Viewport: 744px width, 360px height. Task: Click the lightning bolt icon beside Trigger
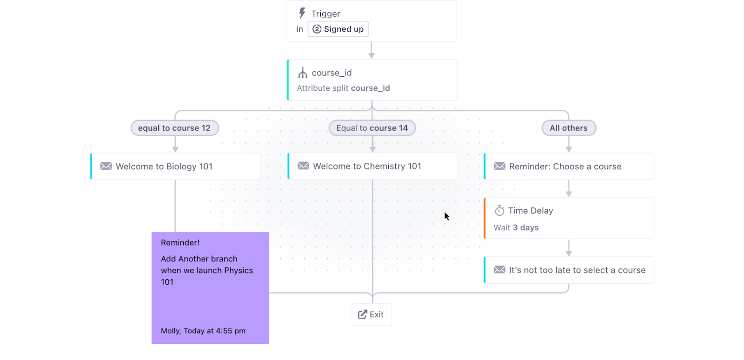coord(302,13)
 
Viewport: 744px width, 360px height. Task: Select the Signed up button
coord(338,29)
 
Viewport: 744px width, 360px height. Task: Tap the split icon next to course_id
coord(303,73)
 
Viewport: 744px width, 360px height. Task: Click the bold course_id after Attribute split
coord(370,88)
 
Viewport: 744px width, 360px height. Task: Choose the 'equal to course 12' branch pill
coord(175,128)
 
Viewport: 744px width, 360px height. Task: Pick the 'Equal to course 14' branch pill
coord(372,128)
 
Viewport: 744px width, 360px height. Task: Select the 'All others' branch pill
coord(569,128)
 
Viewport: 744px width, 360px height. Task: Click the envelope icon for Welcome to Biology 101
coord(106,166)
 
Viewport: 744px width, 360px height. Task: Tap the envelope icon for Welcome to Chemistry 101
coord(303,166)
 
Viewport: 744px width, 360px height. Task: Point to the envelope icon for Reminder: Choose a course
coord(499,166)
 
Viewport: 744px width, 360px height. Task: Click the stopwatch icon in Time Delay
coord(499,211)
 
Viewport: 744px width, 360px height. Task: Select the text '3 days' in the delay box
coord(526,227)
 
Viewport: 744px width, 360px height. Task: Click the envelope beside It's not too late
coord(499,269)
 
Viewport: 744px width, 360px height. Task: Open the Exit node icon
coord(362,314)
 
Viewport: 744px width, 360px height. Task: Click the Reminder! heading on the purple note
coord(180,242)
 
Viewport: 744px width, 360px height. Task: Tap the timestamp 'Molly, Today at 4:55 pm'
coord(203,331)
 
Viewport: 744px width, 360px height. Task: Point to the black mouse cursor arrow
coord(447,216)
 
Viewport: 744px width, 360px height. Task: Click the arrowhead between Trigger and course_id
coord(372,55)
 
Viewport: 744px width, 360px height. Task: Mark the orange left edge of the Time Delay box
coord(485,218)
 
